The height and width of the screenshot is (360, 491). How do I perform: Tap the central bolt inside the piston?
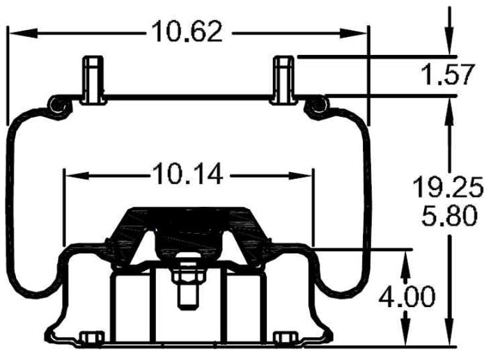[187, 283]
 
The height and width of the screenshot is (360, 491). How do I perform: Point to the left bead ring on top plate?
[56, 105]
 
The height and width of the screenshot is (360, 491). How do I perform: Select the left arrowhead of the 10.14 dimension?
[71, 176]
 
